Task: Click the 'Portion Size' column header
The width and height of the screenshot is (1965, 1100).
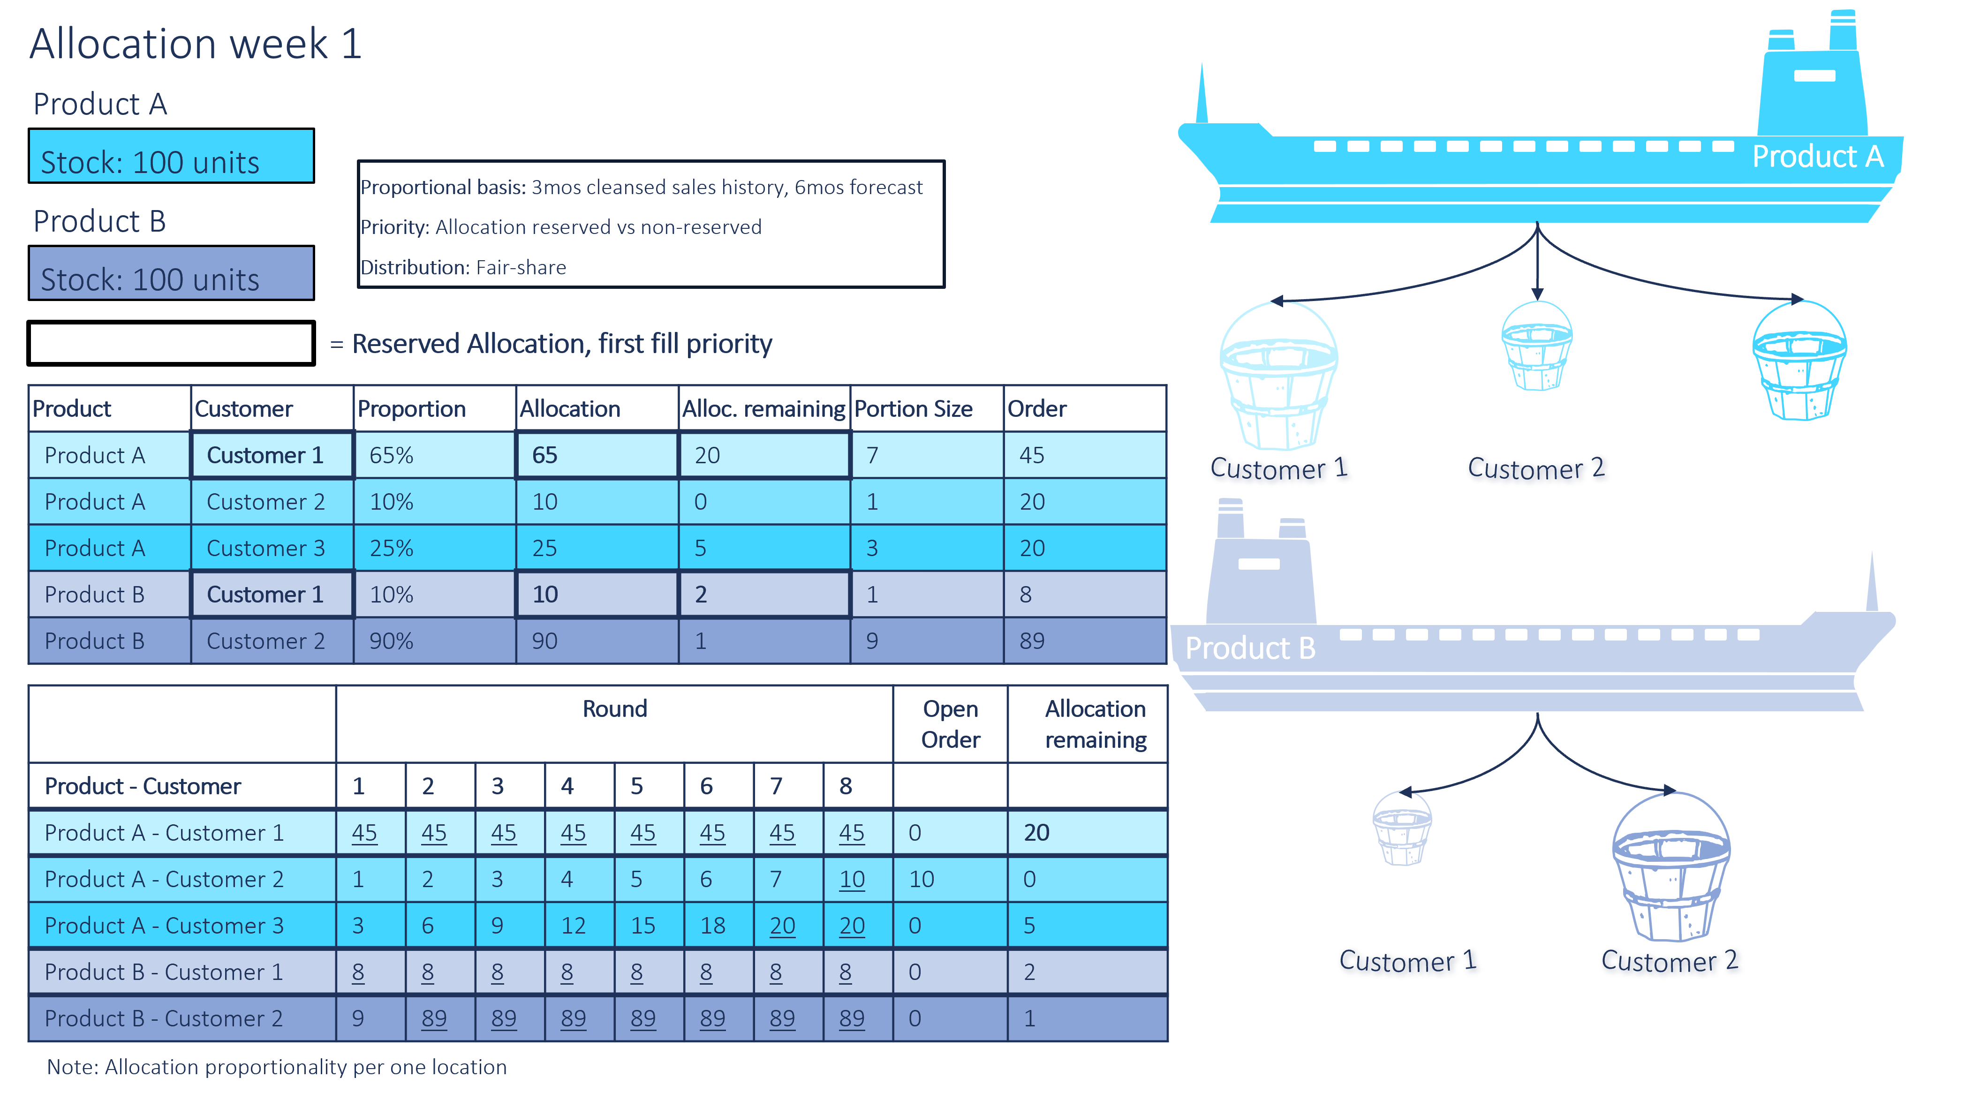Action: pos(913,409)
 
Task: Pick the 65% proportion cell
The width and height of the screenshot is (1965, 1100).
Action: pos(391,455)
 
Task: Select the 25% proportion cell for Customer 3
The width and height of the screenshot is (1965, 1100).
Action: pos(391,549)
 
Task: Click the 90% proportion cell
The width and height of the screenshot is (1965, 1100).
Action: pos(391,641)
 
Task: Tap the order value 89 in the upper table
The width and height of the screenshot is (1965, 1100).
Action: pos(1032,641)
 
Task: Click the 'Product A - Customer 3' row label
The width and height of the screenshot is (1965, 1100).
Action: pos(164,925)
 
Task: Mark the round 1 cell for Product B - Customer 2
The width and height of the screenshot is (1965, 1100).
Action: pos(358,1018)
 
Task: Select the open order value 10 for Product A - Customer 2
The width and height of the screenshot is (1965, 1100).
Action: pos(922,880)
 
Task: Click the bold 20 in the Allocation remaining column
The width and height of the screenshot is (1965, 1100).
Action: pos(1036,832)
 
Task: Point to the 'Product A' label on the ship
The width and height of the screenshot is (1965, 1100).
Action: pos(1818,157)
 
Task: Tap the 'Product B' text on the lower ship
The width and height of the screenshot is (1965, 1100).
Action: pos(1250,648)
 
